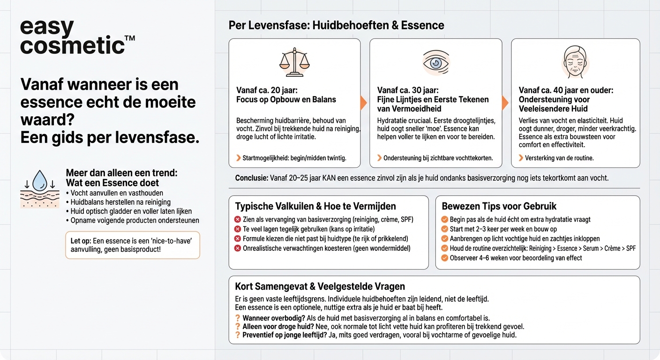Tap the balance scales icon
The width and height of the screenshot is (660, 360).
294,62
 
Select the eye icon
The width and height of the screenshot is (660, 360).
435,62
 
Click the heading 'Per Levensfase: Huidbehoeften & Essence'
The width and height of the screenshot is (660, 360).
336,25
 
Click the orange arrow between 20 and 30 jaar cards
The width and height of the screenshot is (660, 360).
363,103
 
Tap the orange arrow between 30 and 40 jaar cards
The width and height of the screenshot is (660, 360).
505,103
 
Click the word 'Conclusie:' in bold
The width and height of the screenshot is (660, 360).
252,178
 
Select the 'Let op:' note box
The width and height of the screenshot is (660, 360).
132,245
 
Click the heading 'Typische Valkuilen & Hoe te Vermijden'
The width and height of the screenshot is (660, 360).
315,206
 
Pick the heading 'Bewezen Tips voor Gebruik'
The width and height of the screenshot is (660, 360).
499,206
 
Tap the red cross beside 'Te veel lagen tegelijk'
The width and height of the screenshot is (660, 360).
238,229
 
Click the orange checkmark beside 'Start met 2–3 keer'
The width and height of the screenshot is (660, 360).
445,229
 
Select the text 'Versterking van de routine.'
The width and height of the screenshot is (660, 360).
559,158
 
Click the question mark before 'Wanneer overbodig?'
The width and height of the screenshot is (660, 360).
238,318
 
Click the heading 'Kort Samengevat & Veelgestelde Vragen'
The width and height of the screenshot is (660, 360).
320,286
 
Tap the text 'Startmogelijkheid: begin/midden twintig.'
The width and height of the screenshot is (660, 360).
294,158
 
